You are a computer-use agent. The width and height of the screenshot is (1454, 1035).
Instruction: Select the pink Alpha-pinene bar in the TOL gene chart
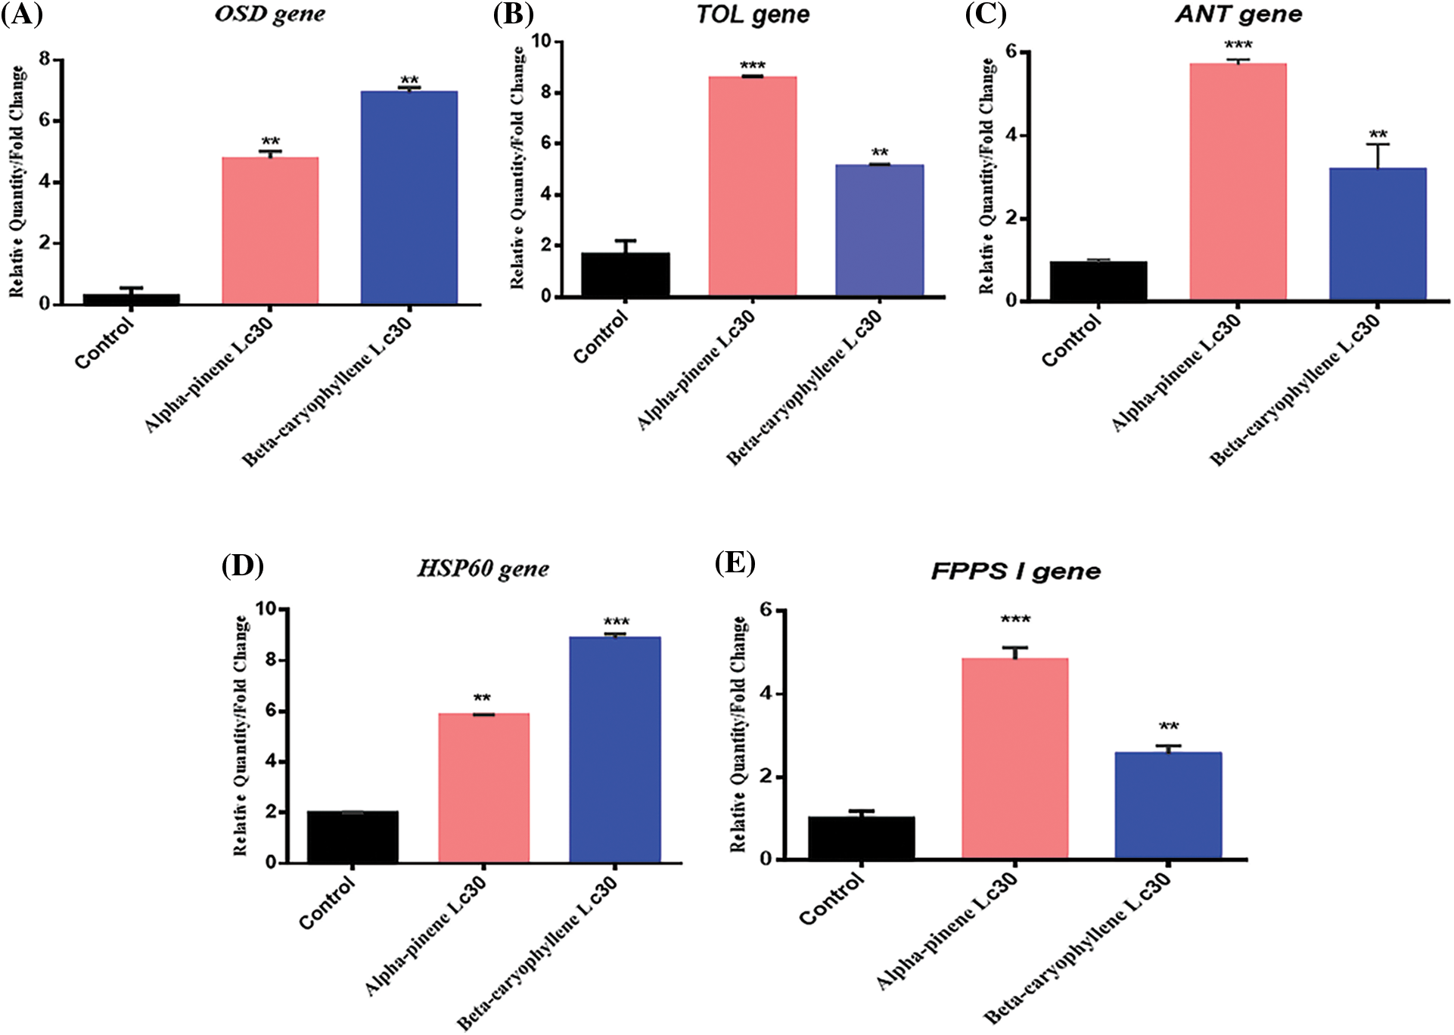[752, 185]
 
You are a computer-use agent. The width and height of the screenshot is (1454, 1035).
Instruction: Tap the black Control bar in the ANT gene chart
[1098, 280]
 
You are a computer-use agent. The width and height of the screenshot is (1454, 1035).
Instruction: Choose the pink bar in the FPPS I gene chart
[1014, 758]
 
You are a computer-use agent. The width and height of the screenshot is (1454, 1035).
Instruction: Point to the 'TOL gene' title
[753, 15]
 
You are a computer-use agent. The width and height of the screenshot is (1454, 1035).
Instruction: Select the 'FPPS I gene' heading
[1015, 572]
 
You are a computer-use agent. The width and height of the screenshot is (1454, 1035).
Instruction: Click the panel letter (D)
[242, 566]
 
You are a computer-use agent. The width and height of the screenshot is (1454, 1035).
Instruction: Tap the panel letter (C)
[985, 14]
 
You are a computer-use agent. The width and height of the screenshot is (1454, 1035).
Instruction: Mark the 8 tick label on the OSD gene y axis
[45, 59]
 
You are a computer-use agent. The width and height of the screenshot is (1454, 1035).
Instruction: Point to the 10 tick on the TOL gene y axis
[542, 41]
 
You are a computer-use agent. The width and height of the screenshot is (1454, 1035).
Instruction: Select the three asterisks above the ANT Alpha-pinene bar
[1238, 45]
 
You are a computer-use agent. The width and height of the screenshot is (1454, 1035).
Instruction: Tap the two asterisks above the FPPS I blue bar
[1169, 727]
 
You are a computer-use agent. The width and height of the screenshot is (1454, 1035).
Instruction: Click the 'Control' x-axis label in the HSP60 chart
[327, 903]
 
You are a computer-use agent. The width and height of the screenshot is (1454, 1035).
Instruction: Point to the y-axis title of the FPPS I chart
[738, 733]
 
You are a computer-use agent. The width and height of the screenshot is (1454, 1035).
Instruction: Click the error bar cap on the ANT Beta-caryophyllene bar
[1378, 144]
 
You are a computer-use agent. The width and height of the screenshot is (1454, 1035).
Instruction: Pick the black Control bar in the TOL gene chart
[625, 274]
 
